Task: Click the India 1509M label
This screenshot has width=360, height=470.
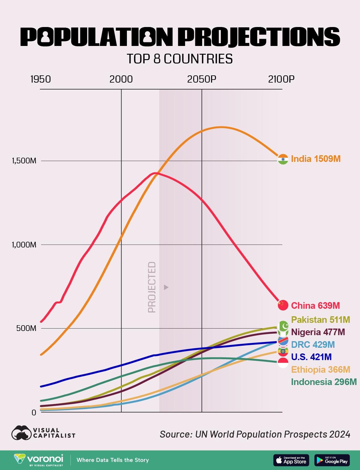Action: click(x=316, y=159)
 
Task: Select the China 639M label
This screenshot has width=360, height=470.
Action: click(x=315, y=305)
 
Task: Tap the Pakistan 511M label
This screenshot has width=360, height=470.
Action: click(x=320, y=320)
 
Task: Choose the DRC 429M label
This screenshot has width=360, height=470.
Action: click(x=313, y=344)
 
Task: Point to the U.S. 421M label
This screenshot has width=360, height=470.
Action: click(x=311, y=357)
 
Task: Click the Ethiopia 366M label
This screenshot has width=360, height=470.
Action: click(x=321, y=369)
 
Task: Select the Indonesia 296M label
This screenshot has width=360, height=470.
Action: click(x=324, y=382)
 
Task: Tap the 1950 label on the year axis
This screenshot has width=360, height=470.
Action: click(x=40, y=79)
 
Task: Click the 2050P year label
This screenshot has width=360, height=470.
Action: click(x=202, y=79)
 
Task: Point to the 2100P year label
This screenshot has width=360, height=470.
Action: click(x=281, y=79)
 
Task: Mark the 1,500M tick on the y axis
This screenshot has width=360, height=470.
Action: click(x=24, y=161)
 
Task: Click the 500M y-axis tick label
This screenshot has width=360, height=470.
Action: click(x=26, y=328)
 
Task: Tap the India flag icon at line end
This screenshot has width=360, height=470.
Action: click(x=283, y=159)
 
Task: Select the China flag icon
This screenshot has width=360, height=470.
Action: click(x=283, y=305)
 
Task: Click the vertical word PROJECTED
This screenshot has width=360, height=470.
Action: click(x=152, y=287)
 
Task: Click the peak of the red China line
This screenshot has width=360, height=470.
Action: click(x=154, y=173)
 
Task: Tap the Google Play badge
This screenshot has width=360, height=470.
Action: click(x=332, y=460)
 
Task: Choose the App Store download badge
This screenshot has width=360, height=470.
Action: click(x=291, y=460)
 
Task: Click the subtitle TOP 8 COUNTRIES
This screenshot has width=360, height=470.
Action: click(x=180, y=59)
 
